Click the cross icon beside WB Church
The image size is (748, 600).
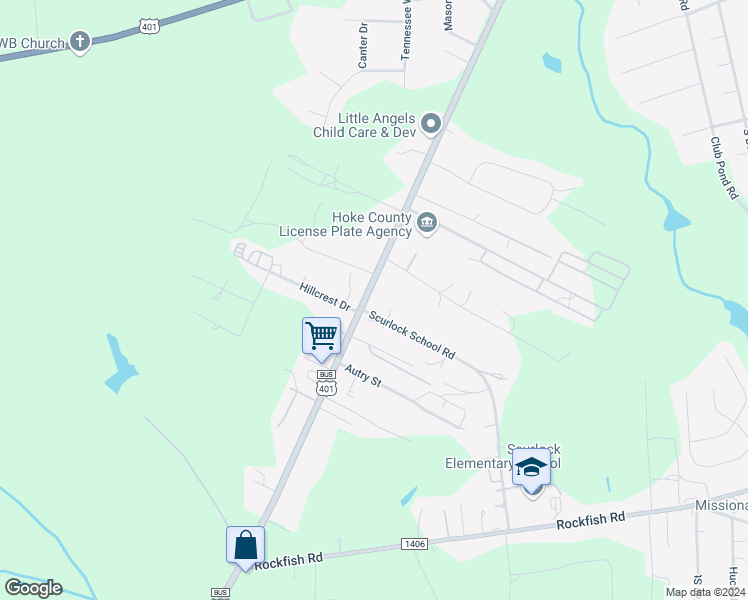[80, 42]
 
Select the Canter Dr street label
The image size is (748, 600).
[363, 45]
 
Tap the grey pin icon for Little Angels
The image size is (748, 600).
[431, 124]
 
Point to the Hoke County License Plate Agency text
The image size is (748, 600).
[345, 225]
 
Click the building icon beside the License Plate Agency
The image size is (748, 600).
[427, 223]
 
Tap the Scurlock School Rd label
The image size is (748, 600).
[411, 334]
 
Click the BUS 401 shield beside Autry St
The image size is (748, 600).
[326, 384]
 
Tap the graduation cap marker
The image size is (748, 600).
[531, 466]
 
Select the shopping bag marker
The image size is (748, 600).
[245, 545]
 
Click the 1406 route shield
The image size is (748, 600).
[415, 543]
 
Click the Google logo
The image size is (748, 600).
[33, 588]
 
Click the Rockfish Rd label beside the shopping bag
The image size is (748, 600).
[288, 561]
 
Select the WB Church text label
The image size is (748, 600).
[32, 43]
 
